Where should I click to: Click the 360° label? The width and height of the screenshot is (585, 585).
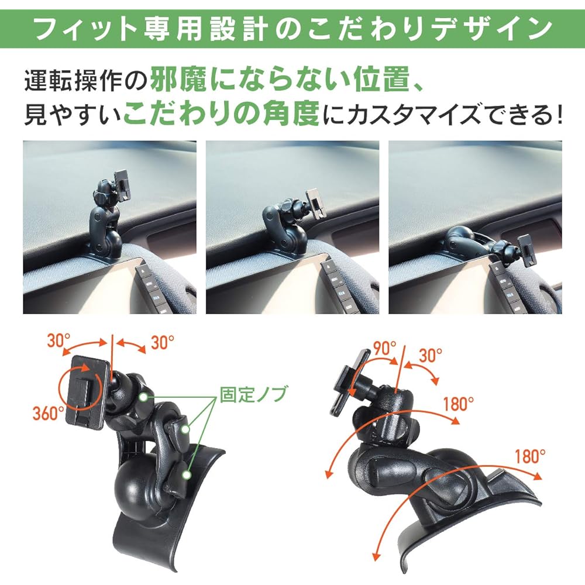pos(48,413)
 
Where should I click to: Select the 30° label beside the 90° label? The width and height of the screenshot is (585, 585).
pos(431,354)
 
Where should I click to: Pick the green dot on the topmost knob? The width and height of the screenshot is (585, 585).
pos(143,397)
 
